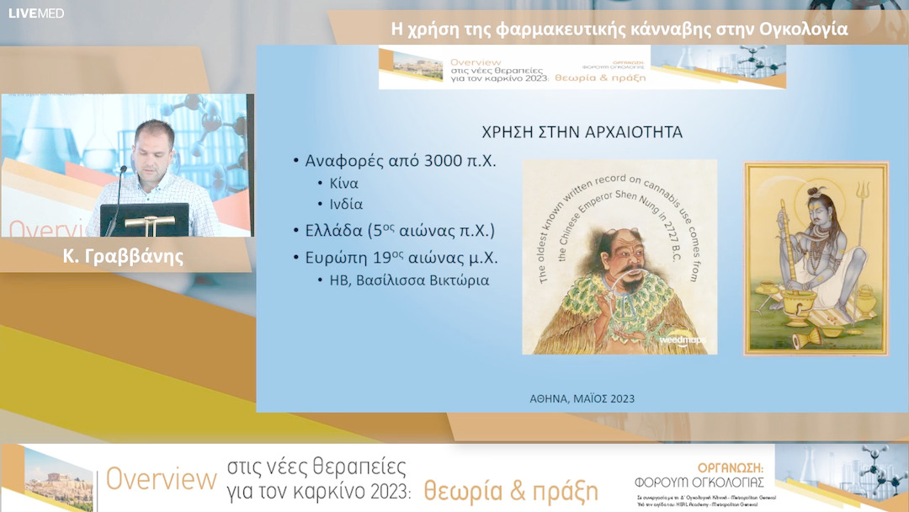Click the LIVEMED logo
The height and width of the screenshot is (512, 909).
36,13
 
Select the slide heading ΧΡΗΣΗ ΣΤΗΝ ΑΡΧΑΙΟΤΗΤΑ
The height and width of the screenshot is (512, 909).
582,132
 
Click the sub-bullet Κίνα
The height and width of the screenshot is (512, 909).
343,183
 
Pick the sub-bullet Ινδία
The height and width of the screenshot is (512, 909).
347,203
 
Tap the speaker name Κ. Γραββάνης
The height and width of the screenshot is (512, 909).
123,257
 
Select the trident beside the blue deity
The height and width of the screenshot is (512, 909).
861,202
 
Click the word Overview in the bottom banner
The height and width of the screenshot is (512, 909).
161,479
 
